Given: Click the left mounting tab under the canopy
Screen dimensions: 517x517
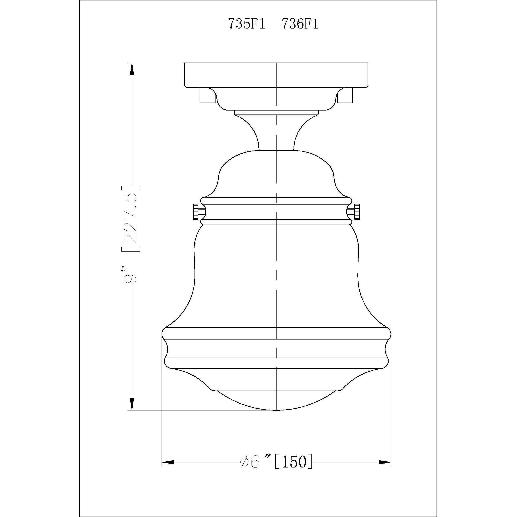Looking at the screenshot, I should tap(207, 95).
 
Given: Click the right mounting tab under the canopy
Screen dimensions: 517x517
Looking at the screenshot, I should tap(345, 95).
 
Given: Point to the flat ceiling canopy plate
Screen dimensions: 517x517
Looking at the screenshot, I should tap(276, 75).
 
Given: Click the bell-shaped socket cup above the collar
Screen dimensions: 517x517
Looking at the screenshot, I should tap(276, 174).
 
